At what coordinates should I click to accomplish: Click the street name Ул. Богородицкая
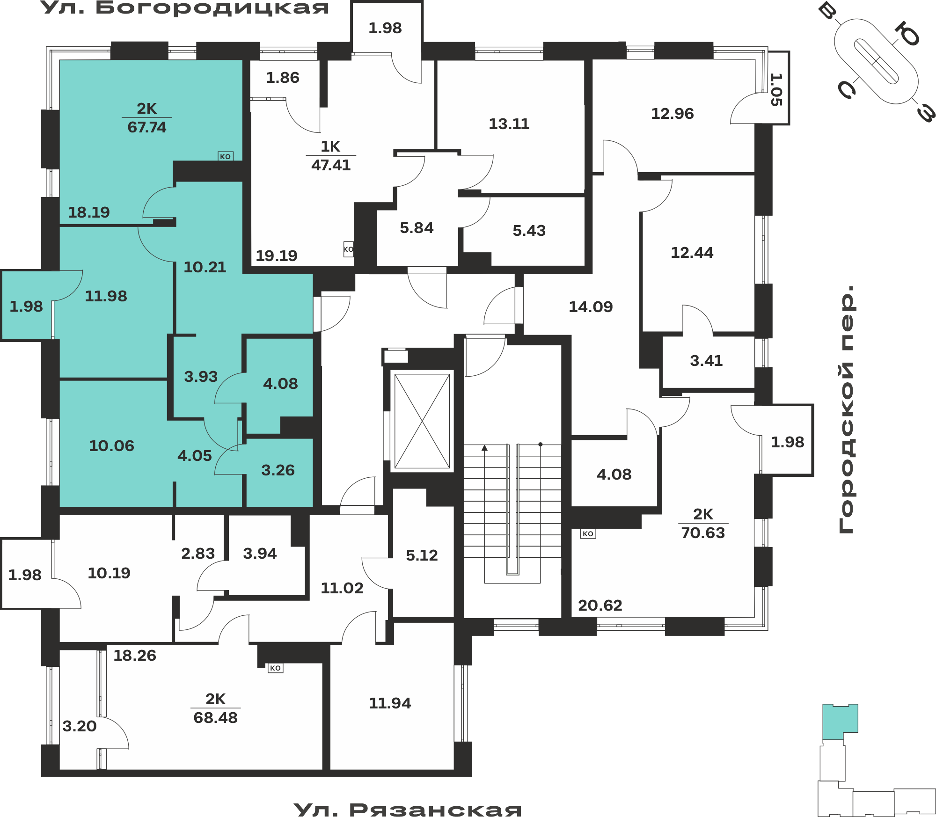tap(185, 8)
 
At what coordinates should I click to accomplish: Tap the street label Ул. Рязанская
tap(408, 810)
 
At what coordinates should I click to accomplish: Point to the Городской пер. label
tap(847, 409)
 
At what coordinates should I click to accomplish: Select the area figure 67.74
tap(147, 127)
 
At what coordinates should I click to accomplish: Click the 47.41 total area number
tap(331, 165)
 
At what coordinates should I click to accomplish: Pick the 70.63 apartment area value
tap(703, 533)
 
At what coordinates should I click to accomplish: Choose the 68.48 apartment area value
tap(216, 718)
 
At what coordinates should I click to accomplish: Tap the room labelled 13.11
tap(509, 124)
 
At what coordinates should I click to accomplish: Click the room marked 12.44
tap(692, 253)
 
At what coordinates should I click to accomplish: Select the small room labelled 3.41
tap(706, 361)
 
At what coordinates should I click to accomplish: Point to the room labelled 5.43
tap(529, 231)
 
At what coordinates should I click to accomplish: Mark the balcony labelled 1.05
tap(776, 89)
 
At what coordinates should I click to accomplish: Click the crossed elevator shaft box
tap(422, 421)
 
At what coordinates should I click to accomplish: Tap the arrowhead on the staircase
tap(484, 448)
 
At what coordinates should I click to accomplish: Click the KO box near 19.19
tap(349, 249)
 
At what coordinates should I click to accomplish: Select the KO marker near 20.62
tap(588, 533)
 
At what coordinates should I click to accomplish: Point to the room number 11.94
tap(390, 703)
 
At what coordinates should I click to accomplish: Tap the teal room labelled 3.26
tap(278, 470)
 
